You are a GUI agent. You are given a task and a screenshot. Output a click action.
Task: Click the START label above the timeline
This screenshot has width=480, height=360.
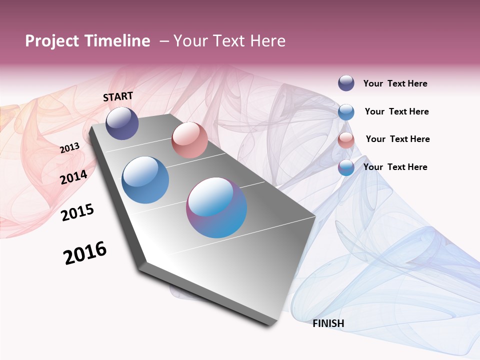(118, 96)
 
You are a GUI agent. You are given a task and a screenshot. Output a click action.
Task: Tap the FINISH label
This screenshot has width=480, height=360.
(328, 323)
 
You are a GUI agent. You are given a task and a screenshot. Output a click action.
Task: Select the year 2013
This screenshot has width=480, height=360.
(70, 147)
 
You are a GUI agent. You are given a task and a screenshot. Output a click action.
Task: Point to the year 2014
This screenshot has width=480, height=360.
(74, 177)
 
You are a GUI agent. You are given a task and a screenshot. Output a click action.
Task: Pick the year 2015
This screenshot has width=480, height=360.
(77, 212)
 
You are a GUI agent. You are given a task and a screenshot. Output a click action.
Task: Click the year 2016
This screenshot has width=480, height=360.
(85, 253)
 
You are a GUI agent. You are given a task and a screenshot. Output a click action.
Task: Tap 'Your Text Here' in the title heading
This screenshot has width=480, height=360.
(229, 41)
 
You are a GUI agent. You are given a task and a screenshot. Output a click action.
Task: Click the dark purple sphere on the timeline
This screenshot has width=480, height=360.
(122, 123)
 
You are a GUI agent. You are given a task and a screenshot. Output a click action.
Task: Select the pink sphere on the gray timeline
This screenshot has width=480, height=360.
(189, 140)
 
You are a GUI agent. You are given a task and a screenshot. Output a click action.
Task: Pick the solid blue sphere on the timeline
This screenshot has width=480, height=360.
(145, 180)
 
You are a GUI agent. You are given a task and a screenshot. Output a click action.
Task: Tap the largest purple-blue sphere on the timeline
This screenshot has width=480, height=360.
(216, 207)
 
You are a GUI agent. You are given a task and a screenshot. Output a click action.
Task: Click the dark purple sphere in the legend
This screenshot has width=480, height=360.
(346, 83)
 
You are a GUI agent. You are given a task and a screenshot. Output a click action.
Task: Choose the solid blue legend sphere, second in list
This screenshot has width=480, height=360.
(346, 112)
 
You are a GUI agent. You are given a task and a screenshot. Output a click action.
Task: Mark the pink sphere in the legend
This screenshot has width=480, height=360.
(346, 140)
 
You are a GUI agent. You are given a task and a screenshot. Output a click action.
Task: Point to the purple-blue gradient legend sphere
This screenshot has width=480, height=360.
(346, 167)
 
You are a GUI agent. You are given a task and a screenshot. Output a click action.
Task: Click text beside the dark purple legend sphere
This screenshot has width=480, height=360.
(395, 83)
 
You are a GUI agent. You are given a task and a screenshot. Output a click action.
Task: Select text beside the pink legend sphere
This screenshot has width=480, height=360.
(397, 139)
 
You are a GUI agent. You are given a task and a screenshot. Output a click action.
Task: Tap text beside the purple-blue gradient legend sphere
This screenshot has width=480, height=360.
(395, 167)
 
